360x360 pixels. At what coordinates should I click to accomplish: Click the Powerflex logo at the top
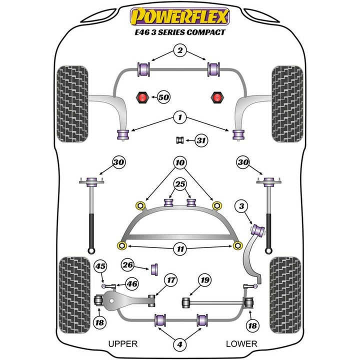point(180,16)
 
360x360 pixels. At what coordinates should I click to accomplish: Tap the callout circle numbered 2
point(180,50)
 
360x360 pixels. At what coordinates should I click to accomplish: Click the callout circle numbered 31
point(200,141)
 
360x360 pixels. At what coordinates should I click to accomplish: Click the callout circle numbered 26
point(128,265)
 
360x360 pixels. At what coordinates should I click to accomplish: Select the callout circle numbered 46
point(131,284)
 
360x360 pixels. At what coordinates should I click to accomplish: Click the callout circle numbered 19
point(203,280)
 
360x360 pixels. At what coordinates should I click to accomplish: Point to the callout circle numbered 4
point(180,344)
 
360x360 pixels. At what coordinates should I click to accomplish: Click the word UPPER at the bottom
point(123,344)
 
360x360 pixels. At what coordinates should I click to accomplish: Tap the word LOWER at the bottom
point(241,344)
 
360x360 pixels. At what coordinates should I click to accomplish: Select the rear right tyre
point(285,289)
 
